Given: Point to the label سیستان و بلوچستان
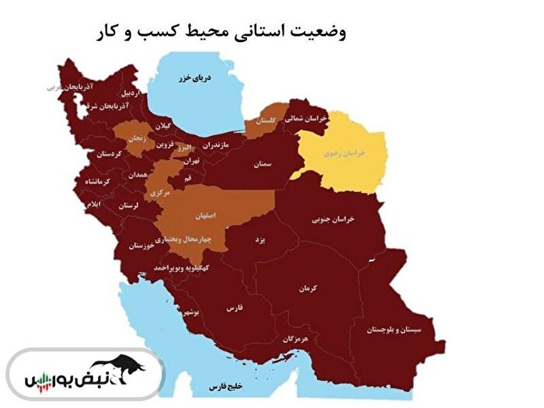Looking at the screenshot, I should click(x=396, y=330).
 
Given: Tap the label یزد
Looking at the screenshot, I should click(x=261, y=240).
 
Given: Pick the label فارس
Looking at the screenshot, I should click(x=235, y=308).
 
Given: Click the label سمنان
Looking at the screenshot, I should click(x=262, y=165).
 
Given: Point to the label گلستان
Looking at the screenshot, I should click(x=264, y=121).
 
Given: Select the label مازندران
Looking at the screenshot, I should click(x=217, y=145).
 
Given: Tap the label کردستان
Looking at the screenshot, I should click(x=110, y=154).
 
